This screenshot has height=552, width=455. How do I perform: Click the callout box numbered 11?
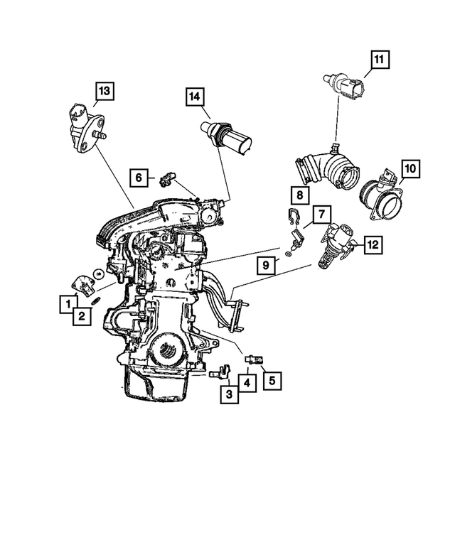coord(380,60)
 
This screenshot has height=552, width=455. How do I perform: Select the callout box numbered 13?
coord(105,90)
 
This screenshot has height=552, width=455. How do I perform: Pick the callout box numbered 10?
coord(410,169)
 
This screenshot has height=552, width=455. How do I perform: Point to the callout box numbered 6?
coord(139,175)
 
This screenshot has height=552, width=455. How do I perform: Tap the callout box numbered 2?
coord(82,317)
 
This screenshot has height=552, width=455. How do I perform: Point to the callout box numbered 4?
coord(245,384)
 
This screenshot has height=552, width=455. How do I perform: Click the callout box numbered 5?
coord(271,380)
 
